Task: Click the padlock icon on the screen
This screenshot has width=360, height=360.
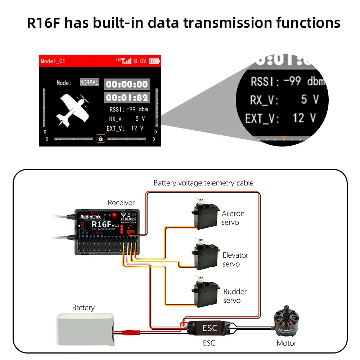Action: [x=100, y=138]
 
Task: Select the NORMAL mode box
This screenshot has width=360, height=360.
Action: [x=89, y=82]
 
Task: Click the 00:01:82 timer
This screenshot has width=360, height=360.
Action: [x=127, y=98]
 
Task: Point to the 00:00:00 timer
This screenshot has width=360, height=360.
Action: [x=127, y=85]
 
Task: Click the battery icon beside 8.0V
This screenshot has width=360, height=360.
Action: [x=154, y=61]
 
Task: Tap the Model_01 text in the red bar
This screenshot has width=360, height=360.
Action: [x=53, y=61]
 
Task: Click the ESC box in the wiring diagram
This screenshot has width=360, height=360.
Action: [x=210, y=328]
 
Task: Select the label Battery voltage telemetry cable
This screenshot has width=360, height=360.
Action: [x=203, y=183]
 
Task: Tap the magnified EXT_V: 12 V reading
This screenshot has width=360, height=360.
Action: [x=280, y=118]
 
